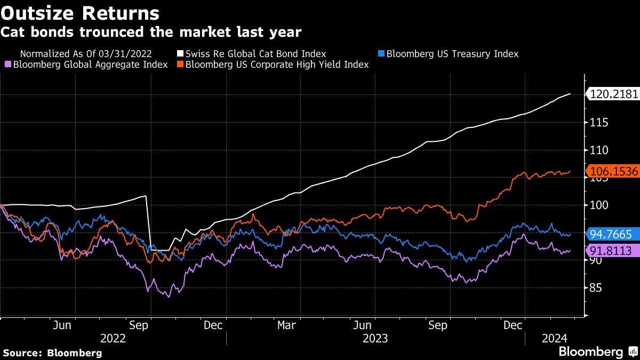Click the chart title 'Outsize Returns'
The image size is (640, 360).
coord(80,12)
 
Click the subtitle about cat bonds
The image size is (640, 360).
coord(150,33)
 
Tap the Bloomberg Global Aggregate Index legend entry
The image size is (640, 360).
coord(90,65)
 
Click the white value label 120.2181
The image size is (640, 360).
coord(612,94)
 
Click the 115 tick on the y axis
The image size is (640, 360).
coord(596,123)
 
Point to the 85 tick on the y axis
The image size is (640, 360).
coord(594,288)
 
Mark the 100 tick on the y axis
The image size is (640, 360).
coord(596,205)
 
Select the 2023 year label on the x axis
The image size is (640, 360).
coord(375,338)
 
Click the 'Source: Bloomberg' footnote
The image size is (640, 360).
coord(52,353)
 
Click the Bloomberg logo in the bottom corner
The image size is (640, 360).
coord(597,352)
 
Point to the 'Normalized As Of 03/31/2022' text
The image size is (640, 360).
coord(86,53)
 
